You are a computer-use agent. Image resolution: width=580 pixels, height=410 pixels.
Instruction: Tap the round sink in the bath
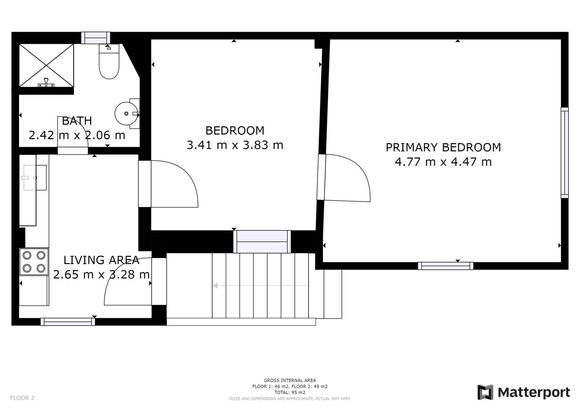click(x=126, y=114)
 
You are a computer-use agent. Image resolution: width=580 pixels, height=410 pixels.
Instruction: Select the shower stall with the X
click(x=46, y=65)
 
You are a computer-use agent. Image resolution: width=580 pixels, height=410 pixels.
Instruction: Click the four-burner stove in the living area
click(x=34, y=262)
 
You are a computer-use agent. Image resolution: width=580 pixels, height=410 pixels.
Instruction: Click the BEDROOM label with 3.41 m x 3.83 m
click(x=235, y=131)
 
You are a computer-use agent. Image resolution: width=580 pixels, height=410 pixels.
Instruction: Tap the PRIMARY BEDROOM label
click(x=443, y=147)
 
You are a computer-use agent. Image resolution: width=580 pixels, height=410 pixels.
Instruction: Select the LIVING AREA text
click(x=101, y=260)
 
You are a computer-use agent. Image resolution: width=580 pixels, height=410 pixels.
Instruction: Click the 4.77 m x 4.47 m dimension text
click(x=443, y=162)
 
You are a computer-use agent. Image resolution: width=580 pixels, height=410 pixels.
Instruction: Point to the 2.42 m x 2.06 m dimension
click(x=77, y=135)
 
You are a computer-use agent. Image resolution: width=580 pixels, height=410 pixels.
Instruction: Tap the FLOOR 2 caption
click(x=22, y=398)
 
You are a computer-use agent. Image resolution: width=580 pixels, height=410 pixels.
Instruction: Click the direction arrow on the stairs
click(x=260, y=286)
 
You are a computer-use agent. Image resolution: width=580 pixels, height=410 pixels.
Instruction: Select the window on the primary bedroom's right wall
click(x=565, y=153)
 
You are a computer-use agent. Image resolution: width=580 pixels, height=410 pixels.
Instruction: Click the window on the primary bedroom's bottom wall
click(x=446, y=266)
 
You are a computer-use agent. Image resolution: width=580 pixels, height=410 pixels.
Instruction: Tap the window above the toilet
click(x=95, y=38)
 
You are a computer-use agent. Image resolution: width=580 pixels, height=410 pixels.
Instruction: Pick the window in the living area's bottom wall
click(x=68, y=322)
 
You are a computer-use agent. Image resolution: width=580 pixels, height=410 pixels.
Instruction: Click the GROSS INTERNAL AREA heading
click(x=290, y=380)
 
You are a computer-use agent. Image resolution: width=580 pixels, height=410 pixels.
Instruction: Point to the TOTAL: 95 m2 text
click(x=290, y=392)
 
